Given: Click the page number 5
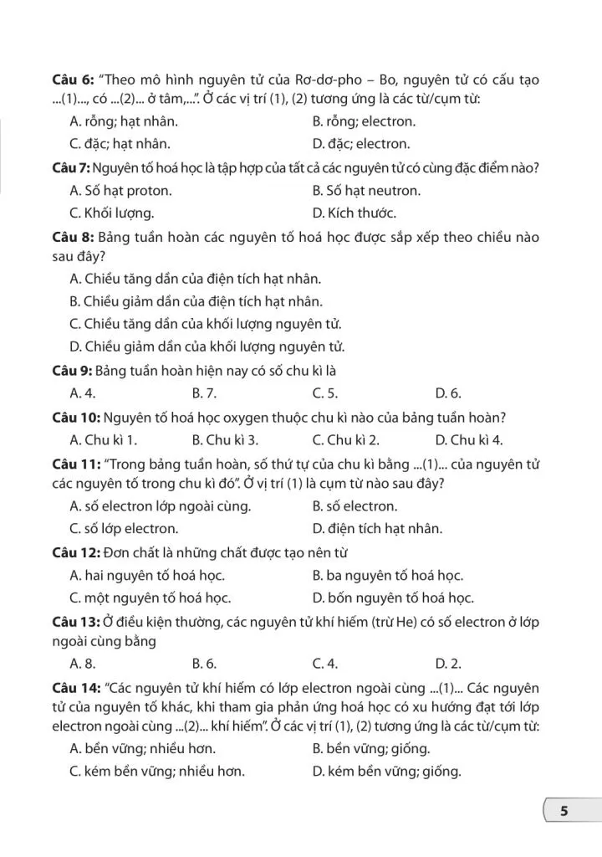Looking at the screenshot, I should (564, 811).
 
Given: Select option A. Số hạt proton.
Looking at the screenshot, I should (120, 190).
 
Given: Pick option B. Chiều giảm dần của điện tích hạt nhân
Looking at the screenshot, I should (196, 301).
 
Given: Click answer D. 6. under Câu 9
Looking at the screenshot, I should (448, 393).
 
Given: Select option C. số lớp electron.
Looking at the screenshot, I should (125, 529).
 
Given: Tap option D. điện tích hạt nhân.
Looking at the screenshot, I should (377, 529).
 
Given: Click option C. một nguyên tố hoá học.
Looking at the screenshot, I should (150, 598).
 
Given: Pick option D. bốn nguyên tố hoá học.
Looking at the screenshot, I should (393, 598).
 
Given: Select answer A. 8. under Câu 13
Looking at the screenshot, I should (81, 664).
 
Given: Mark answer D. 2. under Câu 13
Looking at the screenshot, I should (448, 664).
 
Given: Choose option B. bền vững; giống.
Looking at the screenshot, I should (371, 748).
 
